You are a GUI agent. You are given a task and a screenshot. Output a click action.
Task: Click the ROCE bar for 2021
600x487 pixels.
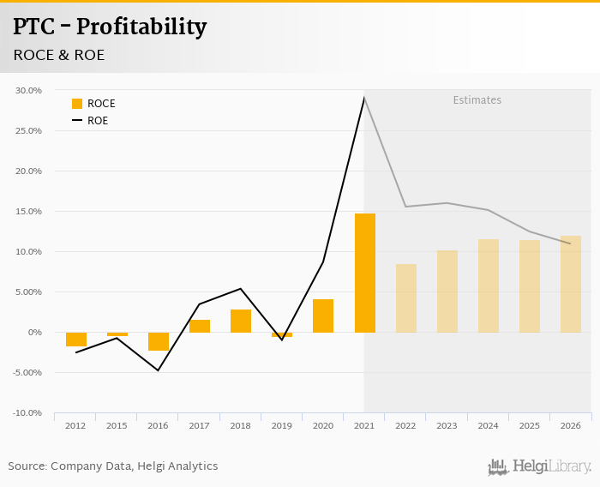tap(364, 273)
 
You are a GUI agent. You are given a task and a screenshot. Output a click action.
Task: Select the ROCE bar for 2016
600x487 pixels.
tap(159, 341)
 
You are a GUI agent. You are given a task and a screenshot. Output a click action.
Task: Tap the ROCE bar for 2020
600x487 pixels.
tap(323, 316)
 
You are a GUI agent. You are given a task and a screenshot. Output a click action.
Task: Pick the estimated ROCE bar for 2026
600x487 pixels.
tap(571, 284)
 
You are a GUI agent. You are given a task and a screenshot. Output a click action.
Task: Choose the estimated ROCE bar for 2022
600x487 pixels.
tap(405, 298)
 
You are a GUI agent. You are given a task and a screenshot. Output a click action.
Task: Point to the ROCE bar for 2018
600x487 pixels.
tap(241, 321)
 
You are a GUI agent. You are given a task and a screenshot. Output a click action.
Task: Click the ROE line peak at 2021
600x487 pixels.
tap(364, 98)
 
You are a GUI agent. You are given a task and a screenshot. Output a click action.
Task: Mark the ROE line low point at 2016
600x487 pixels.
tap(159, 370)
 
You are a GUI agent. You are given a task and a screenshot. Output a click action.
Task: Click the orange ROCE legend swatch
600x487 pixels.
tap(77, 104)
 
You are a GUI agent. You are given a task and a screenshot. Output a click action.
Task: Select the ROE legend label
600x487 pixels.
tap(98, 121)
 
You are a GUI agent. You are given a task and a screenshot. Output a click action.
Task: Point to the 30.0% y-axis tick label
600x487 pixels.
tap(28, 90)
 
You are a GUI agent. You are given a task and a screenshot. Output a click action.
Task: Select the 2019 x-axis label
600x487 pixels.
tap(282, 426)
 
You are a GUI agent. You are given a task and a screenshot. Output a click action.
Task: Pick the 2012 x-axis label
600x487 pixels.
tap(75, 426)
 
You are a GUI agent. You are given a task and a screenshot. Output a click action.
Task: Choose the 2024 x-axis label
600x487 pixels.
tap(488, 426)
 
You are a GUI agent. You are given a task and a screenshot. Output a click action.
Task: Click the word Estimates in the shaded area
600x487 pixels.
tap(477, 100)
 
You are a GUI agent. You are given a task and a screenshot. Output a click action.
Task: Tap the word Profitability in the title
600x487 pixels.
tap(141, 27)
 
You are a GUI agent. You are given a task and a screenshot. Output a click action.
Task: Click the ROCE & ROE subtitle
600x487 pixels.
tap(58, 55)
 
